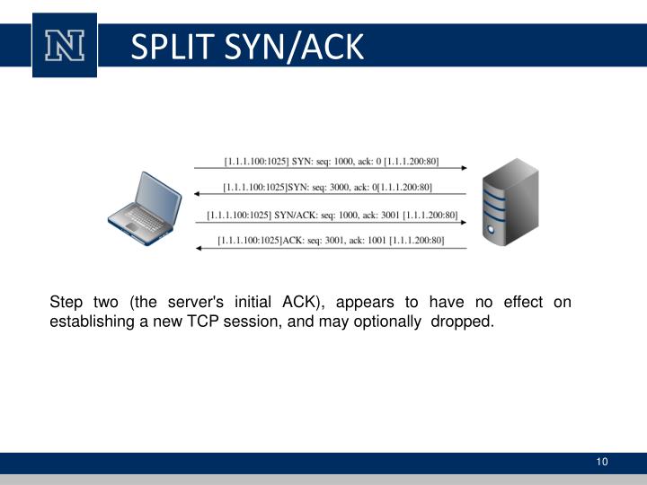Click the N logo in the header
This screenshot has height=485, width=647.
[64, 44]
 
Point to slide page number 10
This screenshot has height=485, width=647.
[601, 462]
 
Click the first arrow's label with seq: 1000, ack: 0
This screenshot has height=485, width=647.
[331, 162]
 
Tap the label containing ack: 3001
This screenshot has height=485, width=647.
[332, 216]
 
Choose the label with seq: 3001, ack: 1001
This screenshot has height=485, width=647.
[330, 241]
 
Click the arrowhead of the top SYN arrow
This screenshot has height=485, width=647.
[462, 168]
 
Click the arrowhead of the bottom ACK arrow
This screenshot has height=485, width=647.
[199, 247]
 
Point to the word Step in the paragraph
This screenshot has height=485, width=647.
[66, 302]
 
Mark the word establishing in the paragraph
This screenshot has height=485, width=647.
[92, 322]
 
